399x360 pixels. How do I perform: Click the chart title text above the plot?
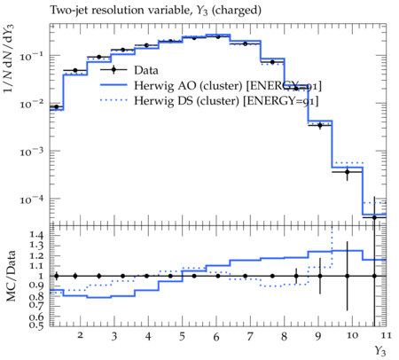tap(155, 10)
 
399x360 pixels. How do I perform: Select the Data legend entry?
tap(129, 70)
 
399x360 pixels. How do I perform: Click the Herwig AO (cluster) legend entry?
tap(211, 85)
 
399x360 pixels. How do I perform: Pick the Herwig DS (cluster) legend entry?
tap(209, 101)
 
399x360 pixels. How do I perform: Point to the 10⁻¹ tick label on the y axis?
tap(31, 55)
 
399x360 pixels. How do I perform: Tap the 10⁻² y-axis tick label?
tap(31, 104)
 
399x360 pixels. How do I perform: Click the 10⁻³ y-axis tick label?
tap(31, 152)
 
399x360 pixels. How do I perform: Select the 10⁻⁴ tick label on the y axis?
tap(31, 200)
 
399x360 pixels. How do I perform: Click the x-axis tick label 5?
tap(182, 336)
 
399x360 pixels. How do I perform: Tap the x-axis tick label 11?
tap(386, 335)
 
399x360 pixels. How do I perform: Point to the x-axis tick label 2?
tap(80, 335)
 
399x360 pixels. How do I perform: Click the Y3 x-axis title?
tap(380, 351)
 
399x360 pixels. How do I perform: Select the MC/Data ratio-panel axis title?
tap(11, 276)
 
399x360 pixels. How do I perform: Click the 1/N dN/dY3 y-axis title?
tap(9, 59)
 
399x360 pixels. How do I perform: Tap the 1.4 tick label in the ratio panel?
tap(36, 235)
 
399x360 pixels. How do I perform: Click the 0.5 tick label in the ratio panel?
tap(36, 325)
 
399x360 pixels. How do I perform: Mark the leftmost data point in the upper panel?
tap(57, 106)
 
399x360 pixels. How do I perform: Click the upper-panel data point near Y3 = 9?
tap(320, 125)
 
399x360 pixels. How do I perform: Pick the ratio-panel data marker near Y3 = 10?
tap(348, 276)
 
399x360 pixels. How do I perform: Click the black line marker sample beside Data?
tap(113, 70)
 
